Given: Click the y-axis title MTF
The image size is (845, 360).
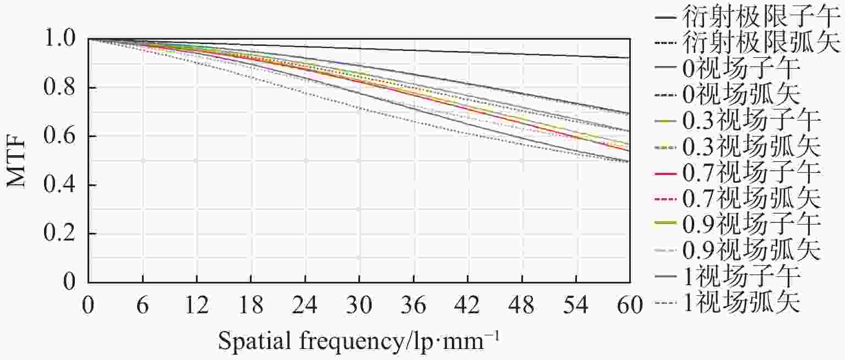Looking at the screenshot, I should pos(17,160).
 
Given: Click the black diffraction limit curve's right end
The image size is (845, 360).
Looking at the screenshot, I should pos(629,57).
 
